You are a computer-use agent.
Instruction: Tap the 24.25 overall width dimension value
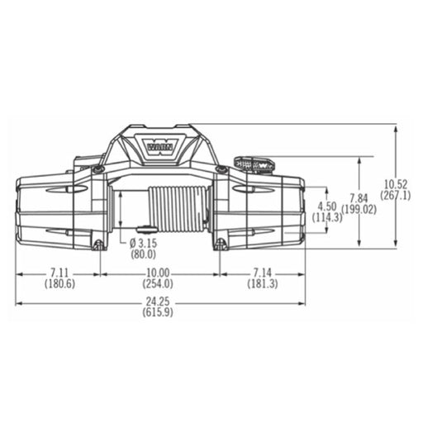[x=158, y=302]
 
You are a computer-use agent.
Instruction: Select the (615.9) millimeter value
[x=158, y=312]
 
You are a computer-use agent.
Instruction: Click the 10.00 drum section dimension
[x=158, y=273]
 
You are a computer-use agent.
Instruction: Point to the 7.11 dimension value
[x=59, y=273]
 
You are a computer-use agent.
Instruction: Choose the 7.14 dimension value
[x=262, y=273]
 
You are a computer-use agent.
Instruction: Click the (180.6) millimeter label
[x=59, y=283]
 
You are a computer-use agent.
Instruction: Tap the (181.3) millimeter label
[x=263, y=283]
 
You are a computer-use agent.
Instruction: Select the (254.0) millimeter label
[x=158, y=283]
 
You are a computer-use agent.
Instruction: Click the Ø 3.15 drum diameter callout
[x=143, y=243]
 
